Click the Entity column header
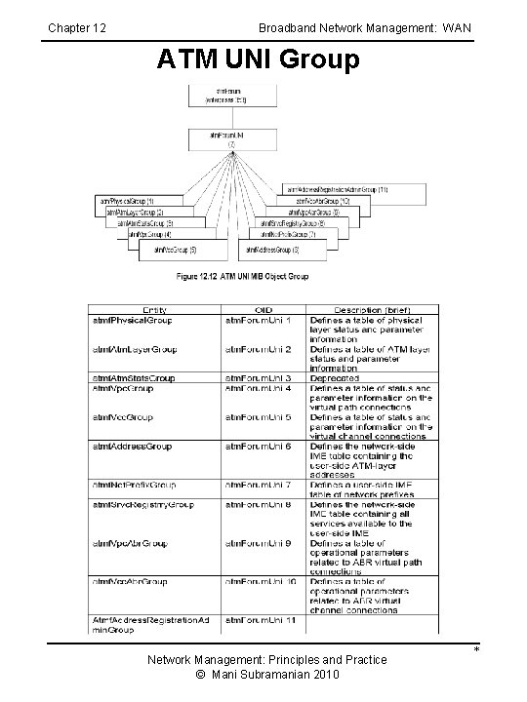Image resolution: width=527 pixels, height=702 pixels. click(154, 309)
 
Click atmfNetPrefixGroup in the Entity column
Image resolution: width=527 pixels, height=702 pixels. click(138, 485)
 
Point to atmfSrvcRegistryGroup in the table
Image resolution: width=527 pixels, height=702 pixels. click(143, 504)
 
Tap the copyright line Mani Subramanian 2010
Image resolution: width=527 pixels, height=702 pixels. click(265, 675)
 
